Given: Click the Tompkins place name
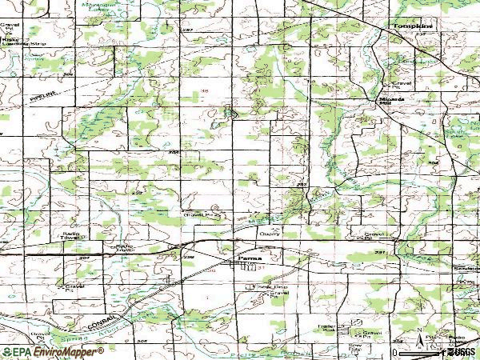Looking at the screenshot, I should [412, 26].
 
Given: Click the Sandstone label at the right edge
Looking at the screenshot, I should [466, 269].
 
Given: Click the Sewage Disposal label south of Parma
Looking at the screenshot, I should [270, 287].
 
